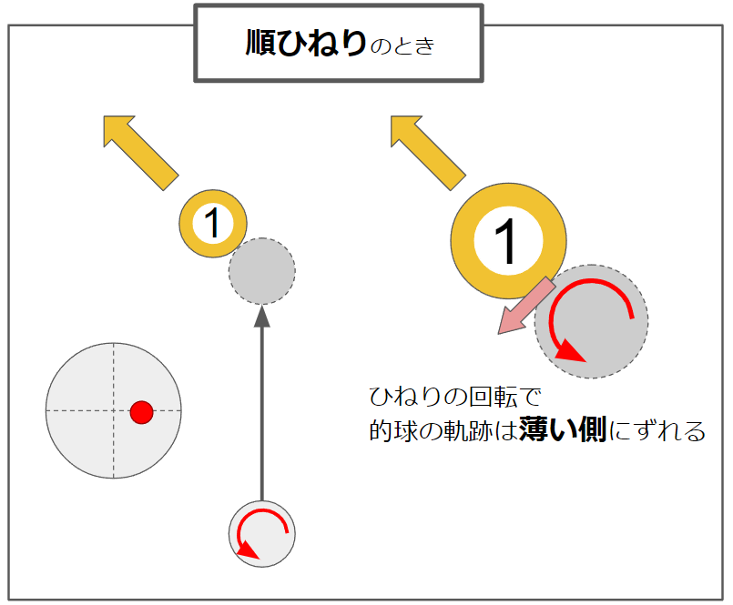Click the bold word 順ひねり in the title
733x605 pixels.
[x=306, y=43]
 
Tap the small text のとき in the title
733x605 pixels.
[x=402, y=46]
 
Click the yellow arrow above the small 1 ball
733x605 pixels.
[x=141, y=153]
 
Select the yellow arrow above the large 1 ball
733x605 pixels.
[x=428, y=153]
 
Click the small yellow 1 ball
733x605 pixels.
[x=213, y=223]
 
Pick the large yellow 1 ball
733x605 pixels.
[x=509, y=240]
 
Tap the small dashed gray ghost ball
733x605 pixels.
[x=262, y=271]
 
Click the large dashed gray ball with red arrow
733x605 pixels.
[x=591, y=321]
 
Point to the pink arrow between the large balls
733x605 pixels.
[x=526, y=306]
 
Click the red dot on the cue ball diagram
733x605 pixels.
[x=142, y=412]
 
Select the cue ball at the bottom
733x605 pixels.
[x=262, y=534]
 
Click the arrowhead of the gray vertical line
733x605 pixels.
[x=262, y=317]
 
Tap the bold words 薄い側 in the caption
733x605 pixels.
[x=563, y=429]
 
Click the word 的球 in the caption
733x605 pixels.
[x=393, y=430]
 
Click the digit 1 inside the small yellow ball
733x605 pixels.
[x=213, y=223]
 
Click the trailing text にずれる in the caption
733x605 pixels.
[x=657, y=430]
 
